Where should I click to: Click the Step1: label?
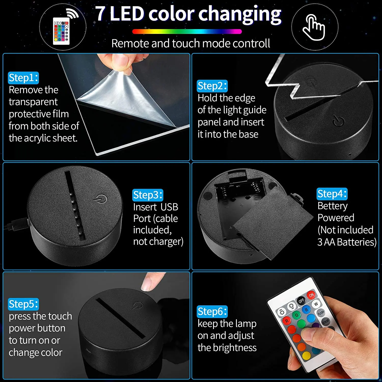[x=23, y=78]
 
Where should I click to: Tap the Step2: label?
[x=212, y=86]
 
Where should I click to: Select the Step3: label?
[x=148, y=195]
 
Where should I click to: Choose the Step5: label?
[x=23, y=304]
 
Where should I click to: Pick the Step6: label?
[x=212, y=311]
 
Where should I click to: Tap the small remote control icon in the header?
[x=61, y=31]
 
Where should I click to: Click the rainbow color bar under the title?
[x=187, y=32]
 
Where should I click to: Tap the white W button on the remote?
[x=316, y=304]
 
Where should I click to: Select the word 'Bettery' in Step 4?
[x=332, y=206]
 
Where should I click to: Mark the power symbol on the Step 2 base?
[x=339, y=121]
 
